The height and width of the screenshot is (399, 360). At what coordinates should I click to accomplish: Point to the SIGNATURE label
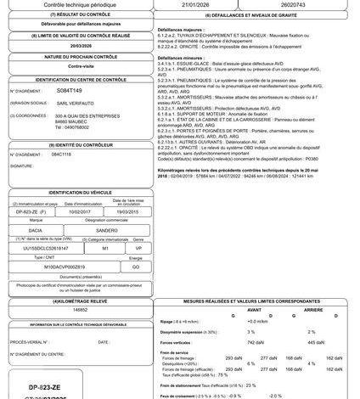pyautogui.click(x=21, y=166)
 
